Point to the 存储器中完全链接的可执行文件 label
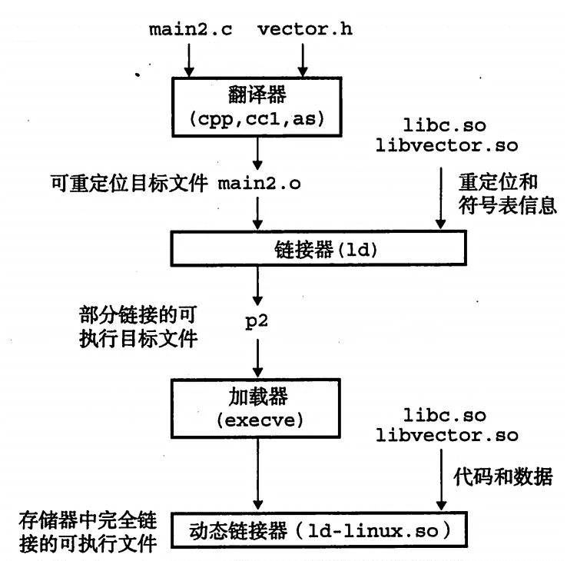(x=89, y=529)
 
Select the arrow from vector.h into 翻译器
(x=306, y=61)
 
